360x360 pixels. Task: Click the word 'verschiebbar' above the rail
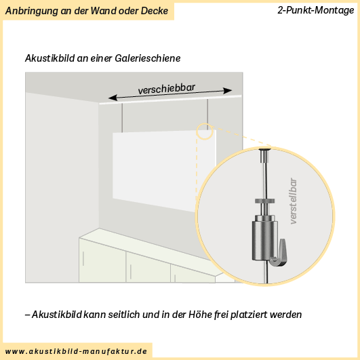click(x=167, y=89)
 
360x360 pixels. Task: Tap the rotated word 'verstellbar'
click(x=293, y=201)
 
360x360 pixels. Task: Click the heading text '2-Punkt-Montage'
click(x=316, y=10)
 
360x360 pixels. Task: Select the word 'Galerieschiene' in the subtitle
click(x=148, y=58)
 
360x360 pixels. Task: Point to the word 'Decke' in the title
click(x=155, y=11)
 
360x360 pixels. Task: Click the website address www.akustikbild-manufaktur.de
click(x=76, y=351)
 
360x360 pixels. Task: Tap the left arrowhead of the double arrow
click(x=113, y=98)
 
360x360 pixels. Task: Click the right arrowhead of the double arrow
click(x=227, y=91)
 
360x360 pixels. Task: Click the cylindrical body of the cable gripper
click(x=264, y=241)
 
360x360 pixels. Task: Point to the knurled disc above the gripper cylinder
click(x=264, y=201)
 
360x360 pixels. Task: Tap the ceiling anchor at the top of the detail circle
click(x=264, y=155)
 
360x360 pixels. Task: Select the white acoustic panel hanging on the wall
click(x=164, y=171)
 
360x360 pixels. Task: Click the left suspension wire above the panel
click(x=122, y=118)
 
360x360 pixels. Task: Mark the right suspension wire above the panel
click(x=207, y=115)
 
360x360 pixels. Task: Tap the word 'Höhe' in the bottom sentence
click(x=199, y=315)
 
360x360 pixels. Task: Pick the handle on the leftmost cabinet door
click(x=83, y=259)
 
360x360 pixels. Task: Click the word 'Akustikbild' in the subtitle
click(x=49, y=58)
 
